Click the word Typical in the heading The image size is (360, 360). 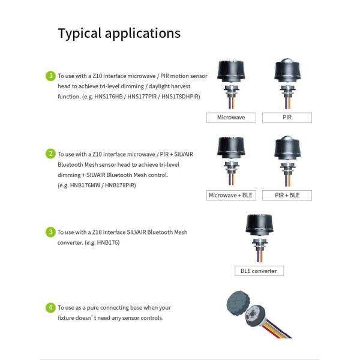click(x=80, y=34)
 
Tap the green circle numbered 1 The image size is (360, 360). click(x=50, y=76)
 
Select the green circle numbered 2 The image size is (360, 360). click(x=50, y=154)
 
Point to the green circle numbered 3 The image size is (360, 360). click(x=50, y=232)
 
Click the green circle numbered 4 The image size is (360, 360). click(x=50, y=308)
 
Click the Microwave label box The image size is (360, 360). click(x=231, y=118)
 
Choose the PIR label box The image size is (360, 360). click(x=287, y=118)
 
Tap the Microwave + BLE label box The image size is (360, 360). click(x=231, y=196)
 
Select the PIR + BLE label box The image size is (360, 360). click(x=287, y=196)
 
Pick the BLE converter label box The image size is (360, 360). click(x=259, y=271)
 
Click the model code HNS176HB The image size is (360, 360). click(x=109, y=97)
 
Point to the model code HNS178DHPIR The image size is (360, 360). click(x=180, y=97)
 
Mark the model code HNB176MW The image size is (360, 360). click(x=85, y=185)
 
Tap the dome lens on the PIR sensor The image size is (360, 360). click(x=287, y=61)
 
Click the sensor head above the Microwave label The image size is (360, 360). click(x=231, y=71)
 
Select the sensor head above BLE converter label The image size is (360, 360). click(x=259, y=225)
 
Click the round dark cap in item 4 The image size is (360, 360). click(x=239, y=302)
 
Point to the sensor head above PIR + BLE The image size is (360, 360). click(x=287, y=148)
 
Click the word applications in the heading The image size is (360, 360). click(x=143, y=34)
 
